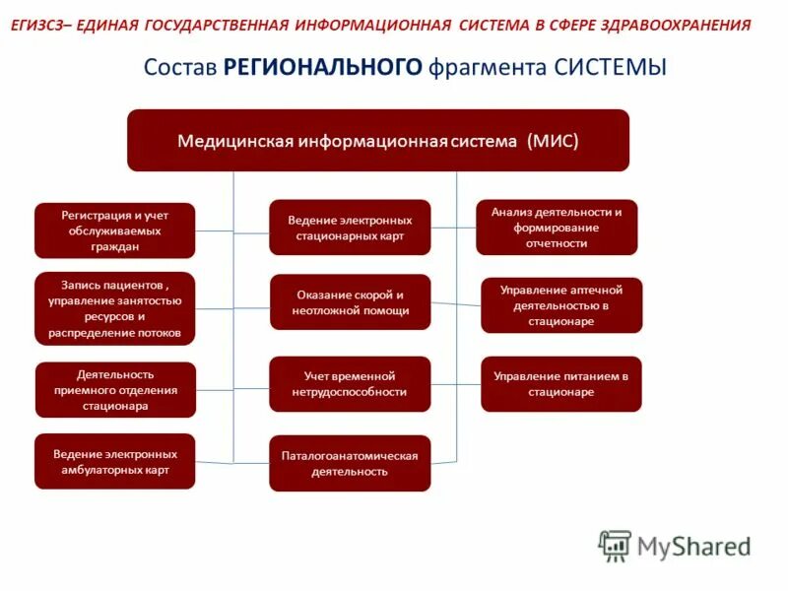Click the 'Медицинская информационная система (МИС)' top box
(377, 140)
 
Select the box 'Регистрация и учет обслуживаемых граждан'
(115, 230)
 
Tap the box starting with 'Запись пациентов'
(115, 308)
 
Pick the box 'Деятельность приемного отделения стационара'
(115, 390)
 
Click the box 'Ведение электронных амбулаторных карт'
(115, 461)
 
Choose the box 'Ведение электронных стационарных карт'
(350, 228)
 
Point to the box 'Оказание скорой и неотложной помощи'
(350, 302)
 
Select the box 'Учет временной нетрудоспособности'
(350, 384)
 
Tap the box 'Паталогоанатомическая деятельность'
(350, 463)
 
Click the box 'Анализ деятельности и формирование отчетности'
(557, 228)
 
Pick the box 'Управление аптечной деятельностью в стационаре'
(561, 305)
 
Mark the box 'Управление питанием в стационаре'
(561, 384)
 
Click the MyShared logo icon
(615, 546)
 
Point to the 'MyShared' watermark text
(693, 546)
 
